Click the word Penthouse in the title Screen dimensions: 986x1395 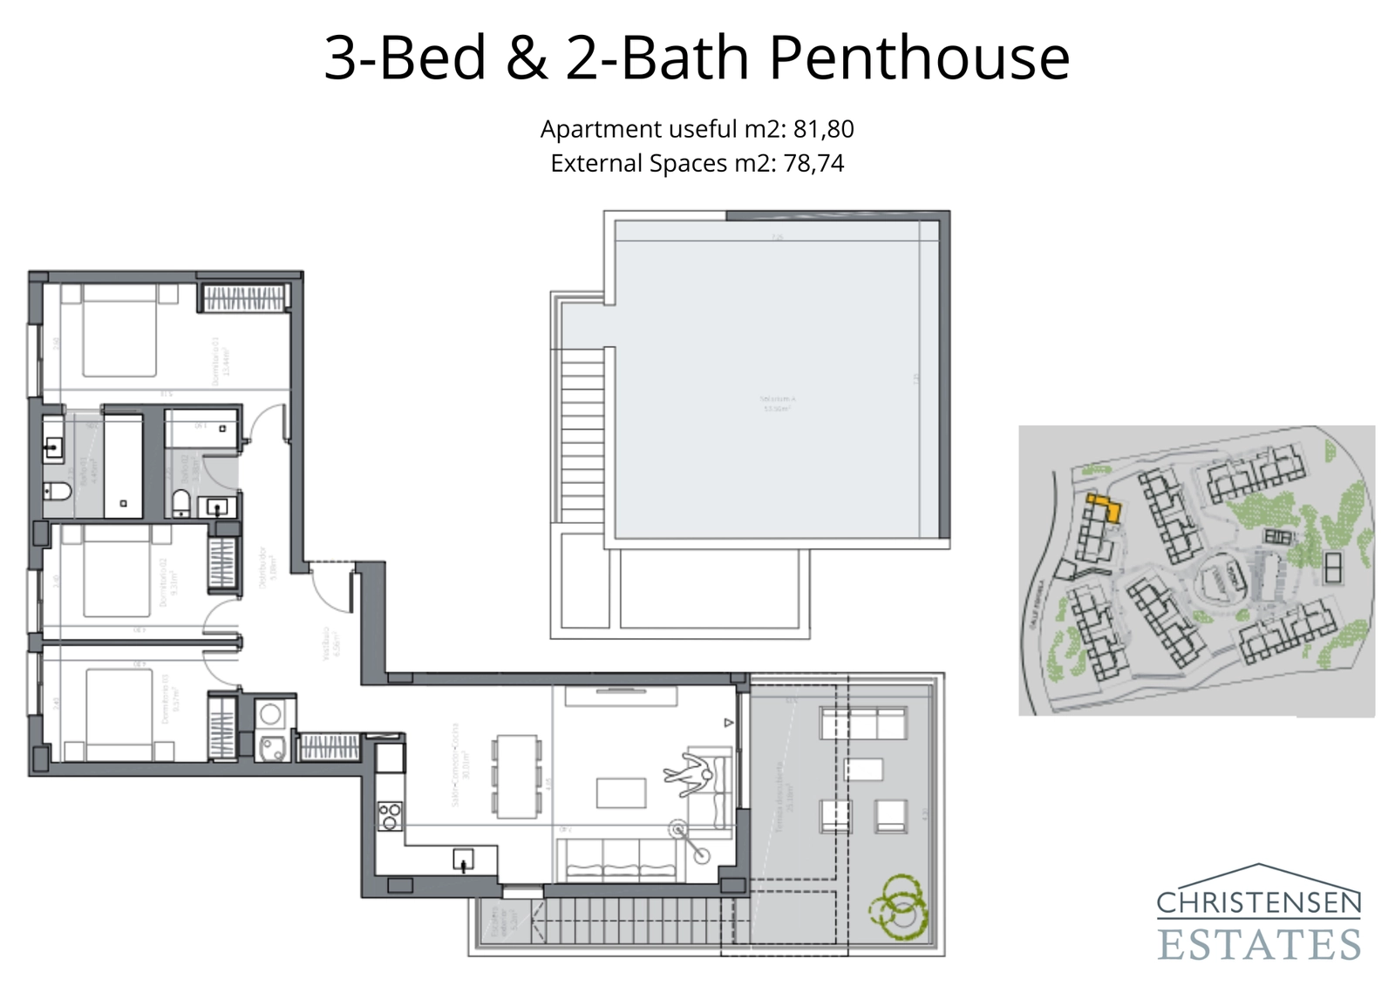tap(919, 58)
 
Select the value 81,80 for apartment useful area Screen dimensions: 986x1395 tap(823, 129)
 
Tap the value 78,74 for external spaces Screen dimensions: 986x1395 tap(813, 164)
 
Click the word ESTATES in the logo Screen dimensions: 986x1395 tap(1259, 945)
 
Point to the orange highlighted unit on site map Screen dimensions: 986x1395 tap(1105, 506)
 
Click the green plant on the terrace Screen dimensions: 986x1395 tap(898, 907)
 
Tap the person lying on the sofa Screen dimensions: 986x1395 tap(689, 775)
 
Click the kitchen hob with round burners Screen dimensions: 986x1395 tap(390, 816)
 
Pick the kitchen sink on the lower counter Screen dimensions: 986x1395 tap(463, 860)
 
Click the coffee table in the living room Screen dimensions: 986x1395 tap(621, 793)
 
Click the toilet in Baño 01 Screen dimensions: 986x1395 tap(58, 492)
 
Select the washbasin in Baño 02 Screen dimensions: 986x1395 tap(216, 507)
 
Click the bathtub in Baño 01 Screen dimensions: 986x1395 tap(123, 465)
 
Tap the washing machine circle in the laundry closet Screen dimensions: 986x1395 tap(270, 714)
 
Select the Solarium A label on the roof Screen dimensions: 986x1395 tap(776, 403)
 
